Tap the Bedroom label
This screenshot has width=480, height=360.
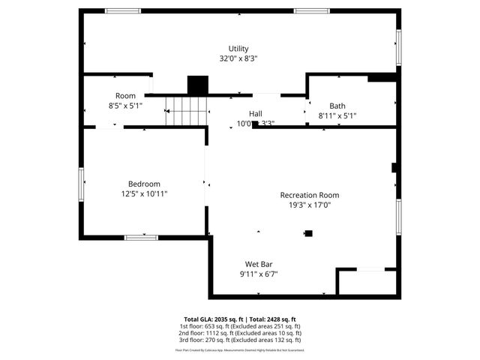click(x=144, y=184)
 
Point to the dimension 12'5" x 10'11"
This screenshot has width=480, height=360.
click(x=144, y=193)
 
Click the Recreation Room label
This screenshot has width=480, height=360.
click(x=310, y=195)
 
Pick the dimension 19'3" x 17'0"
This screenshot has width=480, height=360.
click(x=310, y=205)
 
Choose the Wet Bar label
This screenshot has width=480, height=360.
click(x=259, y=264)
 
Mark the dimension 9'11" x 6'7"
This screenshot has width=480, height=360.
click(x=259, y=274)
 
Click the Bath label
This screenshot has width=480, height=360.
click(x=337, y=106)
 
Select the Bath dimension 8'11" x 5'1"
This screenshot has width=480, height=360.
click(x=337, y=115)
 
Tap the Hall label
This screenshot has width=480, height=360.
click(x=256, y=113)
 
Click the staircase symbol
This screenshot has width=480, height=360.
click(x=186, y=112)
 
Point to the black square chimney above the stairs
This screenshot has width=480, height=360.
click(x=197, y=85)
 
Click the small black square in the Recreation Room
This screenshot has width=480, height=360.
click(x=308, y=234)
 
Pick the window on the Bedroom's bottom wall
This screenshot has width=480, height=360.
click(x=141, y=238)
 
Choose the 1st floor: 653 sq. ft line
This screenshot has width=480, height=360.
click(x=240, y=326)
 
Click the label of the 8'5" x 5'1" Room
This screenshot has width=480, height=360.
click(x=125, y=96)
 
